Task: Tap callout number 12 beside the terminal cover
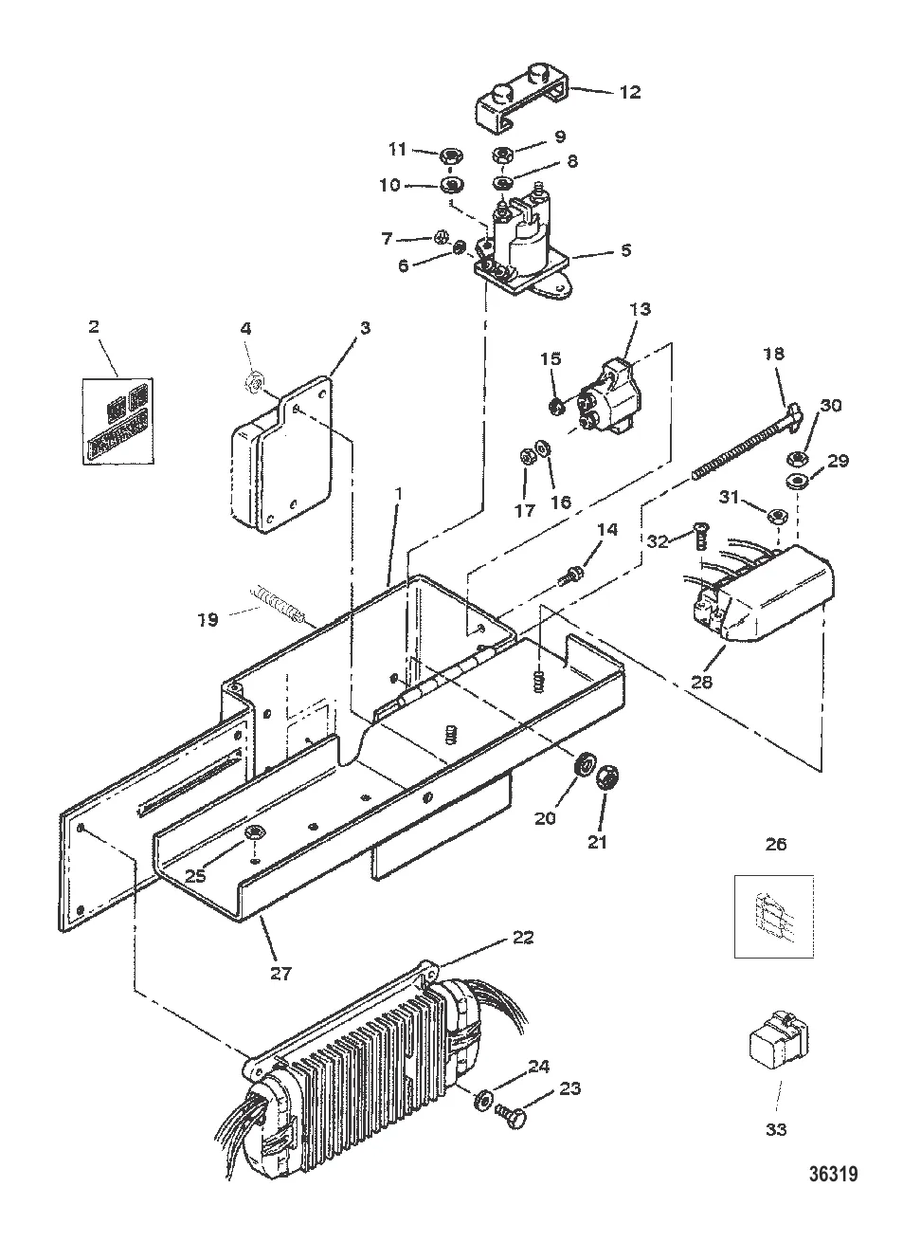click(629, 92)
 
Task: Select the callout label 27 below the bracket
click(280, 973)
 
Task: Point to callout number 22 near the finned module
click(522, 937)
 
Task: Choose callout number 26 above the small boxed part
click(776, 844)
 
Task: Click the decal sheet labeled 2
click(118, 421)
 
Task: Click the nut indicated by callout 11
click(451, 157)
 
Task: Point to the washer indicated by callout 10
click(452, 184)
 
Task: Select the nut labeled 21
click(606, 779)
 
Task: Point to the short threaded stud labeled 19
click(278, 608)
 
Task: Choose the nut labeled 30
click(796, 458)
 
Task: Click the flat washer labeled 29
click(796, 480)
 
